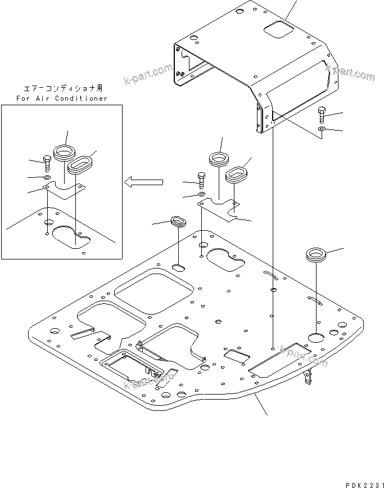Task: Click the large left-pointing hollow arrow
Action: click(x=143, y=181)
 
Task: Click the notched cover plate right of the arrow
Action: click(x=222, y=209)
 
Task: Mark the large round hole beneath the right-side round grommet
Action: click(x=316, y=337)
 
